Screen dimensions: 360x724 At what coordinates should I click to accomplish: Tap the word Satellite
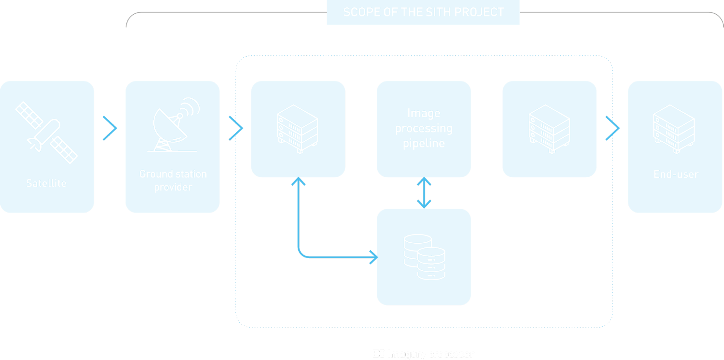[x=46, y=183]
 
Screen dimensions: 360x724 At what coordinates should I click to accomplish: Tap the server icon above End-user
[x=674, y=129]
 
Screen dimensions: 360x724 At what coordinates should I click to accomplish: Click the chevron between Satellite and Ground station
[x=110, y=128]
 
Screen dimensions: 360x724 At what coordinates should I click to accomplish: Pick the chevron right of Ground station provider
[x=236, y=128]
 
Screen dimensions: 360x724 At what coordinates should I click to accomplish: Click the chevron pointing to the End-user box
[x=612, y=128]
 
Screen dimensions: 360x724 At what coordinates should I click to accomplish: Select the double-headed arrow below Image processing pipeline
[x=424, y=193]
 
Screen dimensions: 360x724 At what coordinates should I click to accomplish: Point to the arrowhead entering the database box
[x=373, y=257]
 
